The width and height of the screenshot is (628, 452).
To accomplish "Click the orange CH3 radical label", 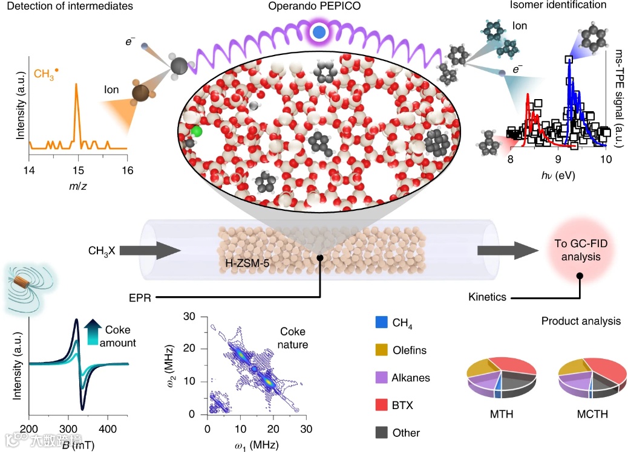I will pos(46,74).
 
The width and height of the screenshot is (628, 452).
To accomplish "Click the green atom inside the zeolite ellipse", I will pos(195,131).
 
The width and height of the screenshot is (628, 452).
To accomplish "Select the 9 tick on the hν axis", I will pos(558,160).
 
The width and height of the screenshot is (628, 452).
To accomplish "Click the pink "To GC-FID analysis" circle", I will pos(580,251).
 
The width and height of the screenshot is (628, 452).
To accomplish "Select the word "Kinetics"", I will pos(488,297).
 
